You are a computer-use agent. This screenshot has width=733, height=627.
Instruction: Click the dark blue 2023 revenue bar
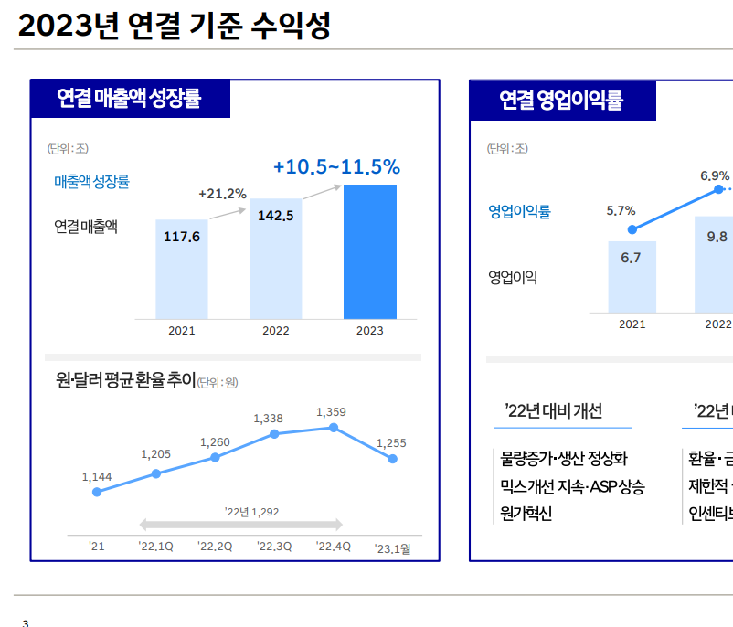pos(369,251)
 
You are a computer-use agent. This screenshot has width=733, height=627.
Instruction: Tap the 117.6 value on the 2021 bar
pos(181,237)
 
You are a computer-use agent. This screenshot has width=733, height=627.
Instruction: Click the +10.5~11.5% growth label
pos(336,167)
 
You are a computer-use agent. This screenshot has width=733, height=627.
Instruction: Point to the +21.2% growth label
pos(222,194)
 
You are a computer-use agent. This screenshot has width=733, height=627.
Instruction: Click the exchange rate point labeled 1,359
pos(334,428)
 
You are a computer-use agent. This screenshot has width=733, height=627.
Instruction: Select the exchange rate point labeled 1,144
pos(97,492)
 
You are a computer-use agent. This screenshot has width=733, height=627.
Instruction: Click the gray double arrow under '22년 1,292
pos(240,525)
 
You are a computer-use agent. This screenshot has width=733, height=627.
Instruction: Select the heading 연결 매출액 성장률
pos(129,99)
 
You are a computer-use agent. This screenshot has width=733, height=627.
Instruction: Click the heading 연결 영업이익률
pos(561,100)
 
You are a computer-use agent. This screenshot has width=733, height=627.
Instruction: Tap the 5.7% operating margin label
pos(621,211)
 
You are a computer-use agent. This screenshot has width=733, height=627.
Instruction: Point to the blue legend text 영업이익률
pos(519,212)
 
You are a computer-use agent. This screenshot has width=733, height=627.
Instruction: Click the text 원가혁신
pos(526,513)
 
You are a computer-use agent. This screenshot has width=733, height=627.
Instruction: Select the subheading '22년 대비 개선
pos(553,410)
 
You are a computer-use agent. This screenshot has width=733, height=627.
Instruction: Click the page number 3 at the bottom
pos(26,622)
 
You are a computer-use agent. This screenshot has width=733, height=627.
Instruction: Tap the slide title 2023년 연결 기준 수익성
pos(174,27)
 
